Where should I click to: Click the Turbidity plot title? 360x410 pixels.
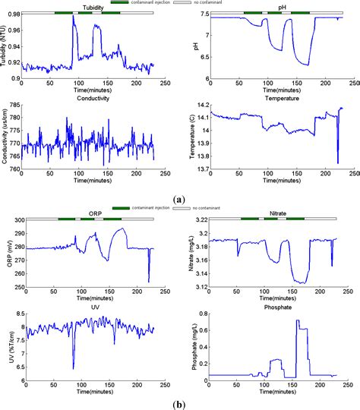tap(86, 8)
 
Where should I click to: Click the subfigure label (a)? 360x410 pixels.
tap(179, 199)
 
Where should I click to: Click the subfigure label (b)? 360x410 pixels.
tap(179, 403)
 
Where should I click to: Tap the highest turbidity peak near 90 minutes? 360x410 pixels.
tap(74, 17)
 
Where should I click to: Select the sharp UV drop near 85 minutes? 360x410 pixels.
tap(74, 368)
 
